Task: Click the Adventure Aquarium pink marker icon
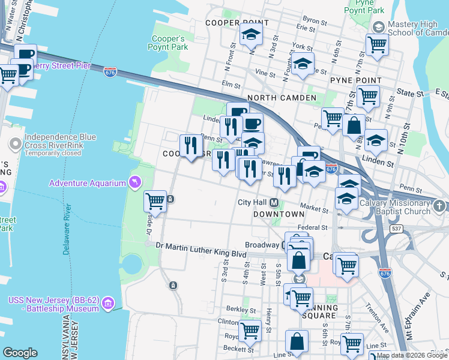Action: (x=134, y=182)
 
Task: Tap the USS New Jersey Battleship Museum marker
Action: (x=108, y=303)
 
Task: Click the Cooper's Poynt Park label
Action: (x=169, y=42)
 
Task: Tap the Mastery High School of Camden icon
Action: (x=378, y=27)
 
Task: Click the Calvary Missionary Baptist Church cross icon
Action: (x=440, y=206)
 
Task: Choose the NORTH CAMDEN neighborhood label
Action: (x=281, y=98)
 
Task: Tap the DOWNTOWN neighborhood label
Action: (x=279, y=214)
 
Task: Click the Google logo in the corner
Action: (x=20, y=353)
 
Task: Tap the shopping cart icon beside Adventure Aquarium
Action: (x=155, y=200)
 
